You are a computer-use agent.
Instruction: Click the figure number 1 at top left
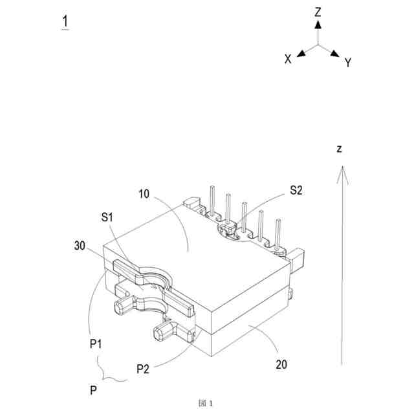(65, 21)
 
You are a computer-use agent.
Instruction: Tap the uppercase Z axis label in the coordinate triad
(318, 11)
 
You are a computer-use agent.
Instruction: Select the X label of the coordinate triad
(288, 59)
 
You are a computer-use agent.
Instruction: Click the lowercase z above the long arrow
(339, 149)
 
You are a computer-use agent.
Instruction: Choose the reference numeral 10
(144, 193)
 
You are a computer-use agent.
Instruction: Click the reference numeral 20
(281, 364)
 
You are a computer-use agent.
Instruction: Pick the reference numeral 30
(80, 245)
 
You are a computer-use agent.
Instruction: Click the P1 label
(96, 343)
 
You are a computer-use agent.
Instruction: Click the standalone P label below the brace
(95, 391)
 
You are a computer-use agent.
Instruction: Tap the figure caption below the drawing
(206, 402)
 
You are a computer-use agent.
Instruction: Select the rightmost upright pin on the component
(278, 234)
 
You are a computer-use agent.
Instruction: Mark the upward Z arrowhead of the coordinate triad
(318, 24)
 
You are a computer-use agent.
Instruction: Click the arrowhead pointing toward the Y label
(335, 53)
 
